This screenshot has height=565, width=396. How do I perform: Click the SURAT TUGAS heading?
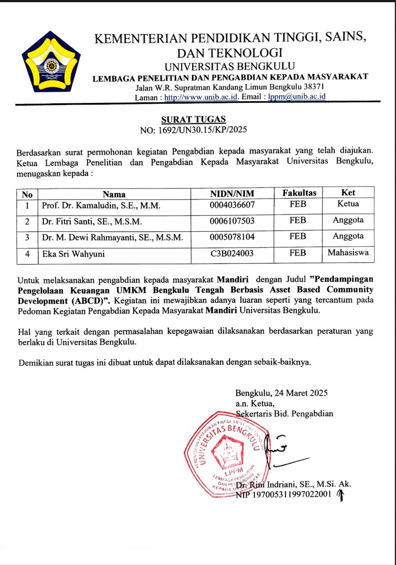(x=193, y=119)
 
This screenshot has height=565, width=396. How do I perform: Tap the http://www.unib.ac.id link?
(x=201, y=97)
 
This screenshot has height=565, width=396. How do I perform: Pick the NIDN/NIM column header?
(x=232, y=193)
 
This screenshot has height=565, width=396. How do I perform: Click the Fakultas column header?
(x=300, y=193)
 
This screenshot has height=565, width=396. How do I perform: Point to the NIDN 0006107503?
(x=232, y=221)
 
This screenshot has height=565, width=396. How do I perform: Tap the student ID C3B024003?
(x=232, y=254)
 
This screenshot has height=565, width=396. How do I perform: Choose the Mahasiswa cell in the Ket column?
(x=348, y=253)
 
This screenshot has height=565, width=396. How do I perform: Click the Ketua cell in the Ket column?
(x=348, y=204)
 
